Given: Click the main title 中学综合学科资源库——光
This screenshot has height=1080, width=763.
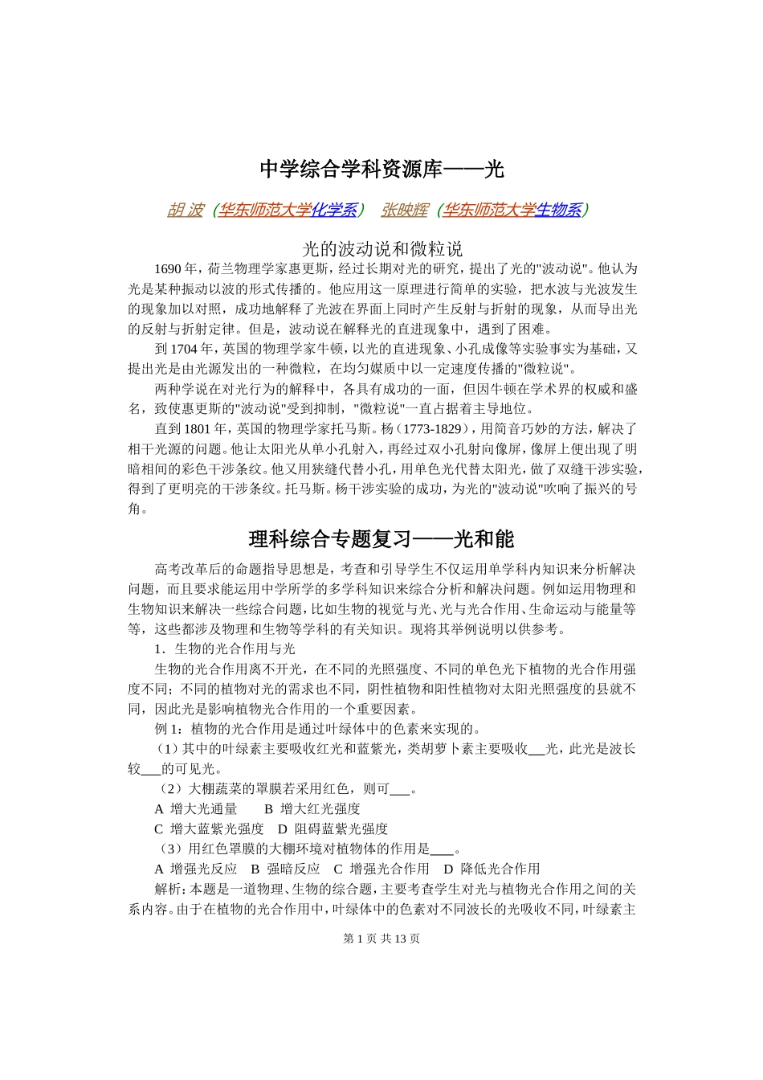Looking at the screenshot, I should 381,170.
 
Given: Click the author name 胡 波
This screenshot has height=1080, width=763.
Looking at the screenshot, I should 185,211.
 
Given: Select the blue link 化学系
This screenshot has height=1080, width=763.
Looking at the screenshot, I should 334,211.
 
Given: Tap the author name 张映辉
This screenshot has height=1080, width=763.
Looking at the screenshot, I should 404,211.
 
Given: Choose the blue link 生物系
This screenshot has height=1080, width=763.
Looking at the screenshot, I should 558,211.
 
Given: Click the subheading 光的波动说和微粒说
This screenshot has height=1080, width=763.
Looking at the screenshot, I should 381,248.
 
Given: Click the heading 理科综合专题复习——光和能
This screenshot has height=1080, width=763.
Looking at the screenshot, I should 381,539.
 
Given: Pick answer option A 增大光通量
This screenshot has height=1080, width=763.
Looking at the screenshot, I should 196,809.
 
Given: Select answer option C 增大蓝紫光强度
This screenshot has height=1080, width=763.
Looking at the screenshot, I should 209,829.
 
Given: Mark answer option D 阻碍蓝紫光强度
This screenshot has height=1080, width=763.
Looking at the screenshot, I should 333,829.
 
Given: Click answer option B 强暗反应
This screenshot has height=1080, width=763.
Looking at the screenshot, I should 285,869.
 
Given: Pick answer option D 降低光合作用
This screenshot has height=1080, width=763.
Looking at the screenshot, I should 492,869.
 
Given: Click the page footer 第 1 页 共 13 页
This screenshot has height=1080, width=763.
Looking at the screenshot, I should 381,939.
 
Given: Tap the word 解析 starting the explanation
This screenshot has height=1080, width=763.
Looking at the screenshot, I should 168,890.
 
